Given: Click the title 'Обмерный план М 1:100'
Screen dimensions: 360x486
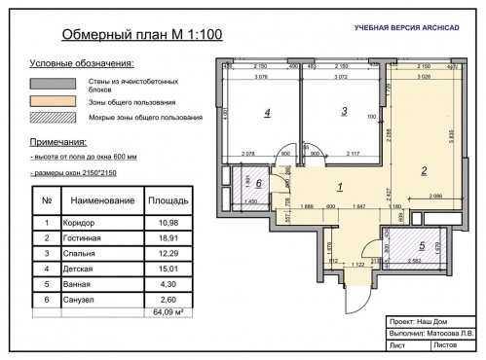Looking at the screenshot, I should coord(142,36).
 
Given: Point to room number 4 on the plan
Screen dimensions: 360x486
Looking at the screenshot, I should coord(266,113).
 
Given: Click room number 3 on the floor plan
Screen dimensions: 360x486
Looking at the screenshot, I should coord(344,112).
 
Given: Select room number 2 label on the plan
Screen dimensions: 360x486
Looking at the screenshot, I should coord(424,171).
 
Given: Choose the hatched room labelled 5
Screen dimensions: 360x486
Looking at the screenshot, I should coord(422,246).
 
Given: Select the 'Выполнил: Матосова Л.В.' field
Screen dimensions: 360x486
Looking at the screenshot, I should coord(427,332).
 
